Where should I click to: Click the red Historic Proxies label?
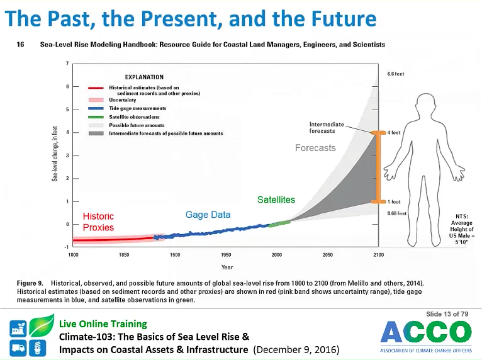pyautogui.click(x=98, y=222)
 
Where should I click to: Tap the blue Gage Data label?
pyautogui.click(x=208, y=215)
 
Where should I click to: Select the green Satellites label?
pyautogui.click(x=276, y=200)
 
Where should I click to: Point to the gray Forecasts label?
pyautogui.click(x=315, y=148)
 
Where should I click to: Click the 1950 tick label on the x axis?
pyautogui.click(x=226, y=255)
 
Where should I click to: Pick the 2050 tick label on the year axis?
pyautogui.click(x=327, y=255)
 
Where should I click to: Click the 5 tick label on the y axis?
pyautogui.click(x=67, y=110)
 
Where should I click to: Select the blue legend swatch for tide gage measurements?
pyautogui.click(x=96, y=108)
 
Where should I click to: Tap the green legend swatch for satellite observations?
pyautogui.click(x=96, y=117)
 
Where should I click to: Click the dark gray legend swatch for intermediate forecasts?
pyautogui.click(x=96, y=133)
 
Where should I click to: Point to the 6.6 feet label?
pyautogui.click(x=396, y=74)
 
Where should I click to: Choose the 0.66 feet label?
pyautogui.click(x=397, y=213)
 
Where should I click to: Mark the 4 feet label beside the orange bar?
pyautogui.click(x=394, y=133)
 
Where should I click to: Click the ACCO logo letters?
pyautogui.click(x=426, y=332)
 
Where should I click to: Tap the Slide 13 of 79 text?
pyautogui.click(x=447, y=314)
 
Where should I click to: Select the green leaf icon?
pyautogui.click(x=42, y=325)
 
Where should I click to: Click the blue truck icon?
pyautogui.click(x=18, y=348)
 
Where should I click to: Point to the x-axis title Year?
pyautogui.click(x=227, y=267)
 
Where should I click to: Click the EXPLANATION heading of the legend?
pyautogui.click(x=144, y=77)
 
